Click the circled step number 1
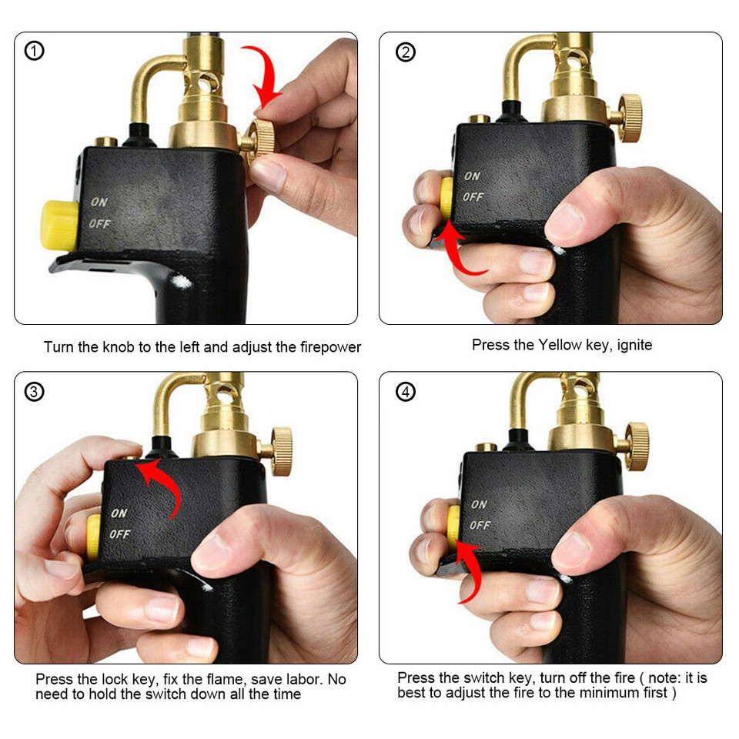(35, 52)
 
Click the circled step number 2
(405, 52)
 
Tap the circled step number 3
(35, 392)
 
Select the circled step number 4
(405, 392)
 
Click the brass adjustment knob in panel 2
(630, 118)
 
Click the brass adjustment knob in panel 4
(636, 446)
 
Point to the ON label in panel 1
(99, 202)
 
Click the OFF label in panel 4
(480, 525)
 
